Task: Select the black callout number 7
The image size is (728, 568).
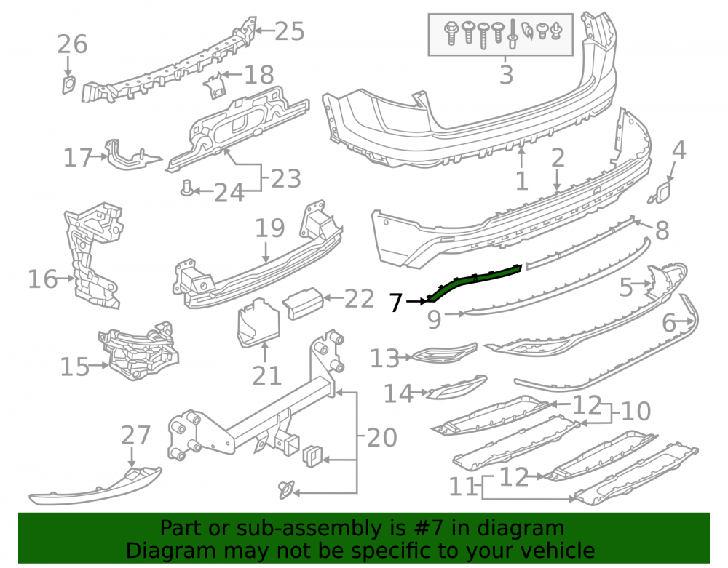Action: (395, 303)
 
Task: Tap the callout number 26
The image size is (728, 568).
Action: (72, 44)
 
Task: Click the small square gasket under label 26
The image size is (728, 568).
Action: (68, 85)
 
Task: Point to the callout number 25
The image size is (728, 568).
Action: (290, 31)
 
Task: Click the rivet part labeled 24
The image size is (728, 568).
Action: (186, 188)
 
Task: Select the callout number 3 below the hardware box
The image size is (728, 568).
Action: (506, 75)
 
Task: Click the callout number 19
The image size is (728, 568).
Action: (270, 228)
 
